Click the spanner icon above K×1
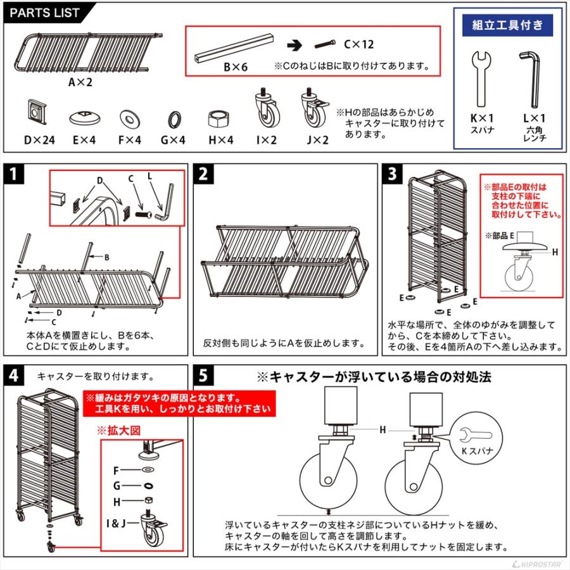click(481, 77)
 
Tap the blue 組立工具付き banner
click(508, 25)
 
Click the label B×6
click(235, 65)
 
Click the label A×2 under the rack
click(80, 82)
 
